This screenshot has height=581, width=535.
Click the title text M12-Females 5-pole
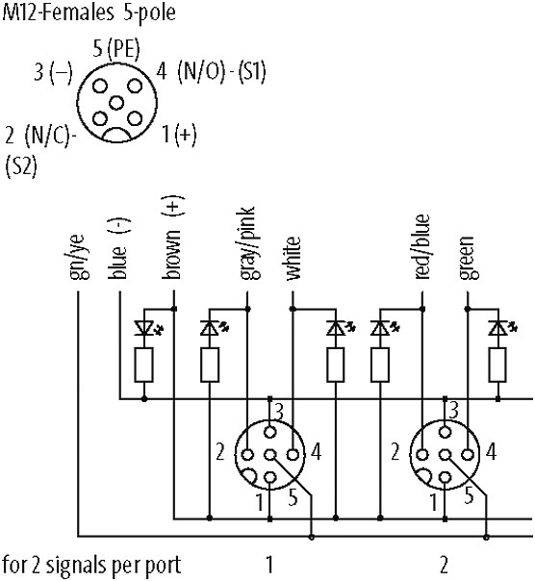coord(89,13)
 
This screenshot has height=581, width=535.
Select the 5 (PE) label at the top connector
coord(116,49)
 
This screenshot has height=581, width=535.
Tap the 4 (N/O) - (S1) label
coord(211,71)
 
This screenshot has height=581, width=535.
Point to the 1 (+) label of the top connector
coord(179,134)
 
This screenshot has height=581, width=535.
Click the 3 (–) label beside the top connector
coord(53,72)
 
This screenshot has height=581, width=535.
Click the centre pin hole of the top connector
coord(116,102)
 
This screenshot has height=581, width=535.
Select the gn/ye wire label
coord(79,257)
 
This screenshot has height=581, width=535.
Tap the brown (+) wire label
coord(173,238)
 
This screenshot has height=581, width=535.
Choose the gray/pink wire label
coord(248,243)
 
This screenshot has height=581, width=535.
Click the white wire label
coord(293,258)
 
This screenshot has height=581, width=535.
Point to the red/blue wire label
coord(421,246)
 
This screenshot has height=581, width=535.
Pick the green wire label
coord(467,258)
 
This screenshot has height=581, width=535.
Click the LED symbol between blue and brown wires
coord(148,328)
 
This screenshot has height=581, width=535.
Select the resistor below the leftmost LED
coord(143,365)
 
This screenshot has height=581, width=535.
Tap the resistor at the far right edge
coord(497,365)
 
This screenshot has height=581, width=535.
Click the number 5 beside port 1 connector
coord(293,497)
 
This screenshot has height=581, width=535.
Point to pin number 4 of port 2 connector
coord(491,452)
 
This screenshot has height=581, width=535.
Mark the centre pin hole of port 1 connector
coord(270,454)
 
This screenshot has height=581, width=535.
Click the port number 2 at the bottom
coord(445,565)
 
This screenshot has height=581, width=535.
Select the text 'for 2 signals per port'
coord(91,566)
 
